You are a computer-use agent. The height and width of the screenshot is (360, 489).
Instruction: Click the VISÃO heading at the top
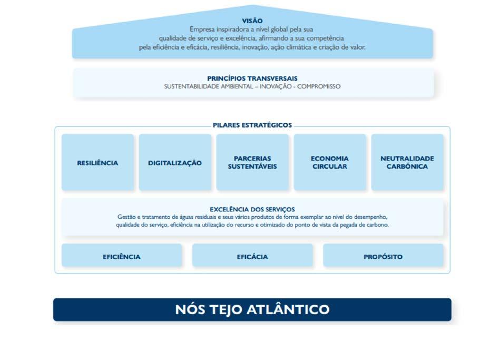[x=252, y=21]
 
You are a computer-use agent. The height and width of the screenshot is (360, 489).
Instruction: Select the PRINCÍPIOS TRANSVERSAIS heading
[x=252, y=79]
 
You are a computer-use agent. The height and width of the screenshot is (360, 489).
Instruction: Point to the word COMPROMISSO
[x=319, y=86]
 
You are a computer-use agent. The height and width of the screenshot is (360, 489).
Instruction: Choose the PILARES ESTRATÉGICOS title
[x=252, y=125]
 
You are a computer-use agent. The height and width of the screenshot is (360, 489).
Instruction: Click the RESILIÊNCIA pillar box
[x=97, y=163]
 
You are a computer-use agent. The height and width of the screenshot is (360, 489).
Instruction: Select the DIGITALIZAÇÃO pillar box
[x=175, y=163]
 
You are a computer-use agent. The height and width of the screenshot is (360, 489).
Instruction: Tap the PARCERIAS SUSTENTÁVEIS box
[x=252, y=162]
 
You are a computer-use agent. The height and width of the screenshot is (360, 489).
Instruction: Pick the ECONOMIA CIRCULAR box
[x=330, y=162]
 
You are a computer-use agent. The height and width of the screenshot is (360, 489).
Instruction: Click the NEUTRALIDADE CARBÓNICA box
[x=407, y=162]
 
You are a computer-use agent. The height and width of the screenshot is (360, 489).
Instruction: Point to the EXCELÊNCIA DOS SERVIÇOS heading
[x=252, y=209]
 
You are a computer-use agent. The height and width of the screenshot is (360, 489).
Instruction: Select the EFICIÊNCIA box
[x=122, y=257]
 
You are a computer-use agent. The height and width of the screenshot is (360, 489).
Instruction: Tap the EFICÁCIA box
[x=252, y=257]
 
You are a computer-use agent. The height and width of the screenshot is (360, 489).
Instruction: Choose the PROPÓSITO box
[x=383, y=257]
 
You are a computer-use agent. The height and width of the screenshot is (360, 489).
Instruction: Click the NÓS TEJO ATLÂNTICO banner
[x=252, y=309]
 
